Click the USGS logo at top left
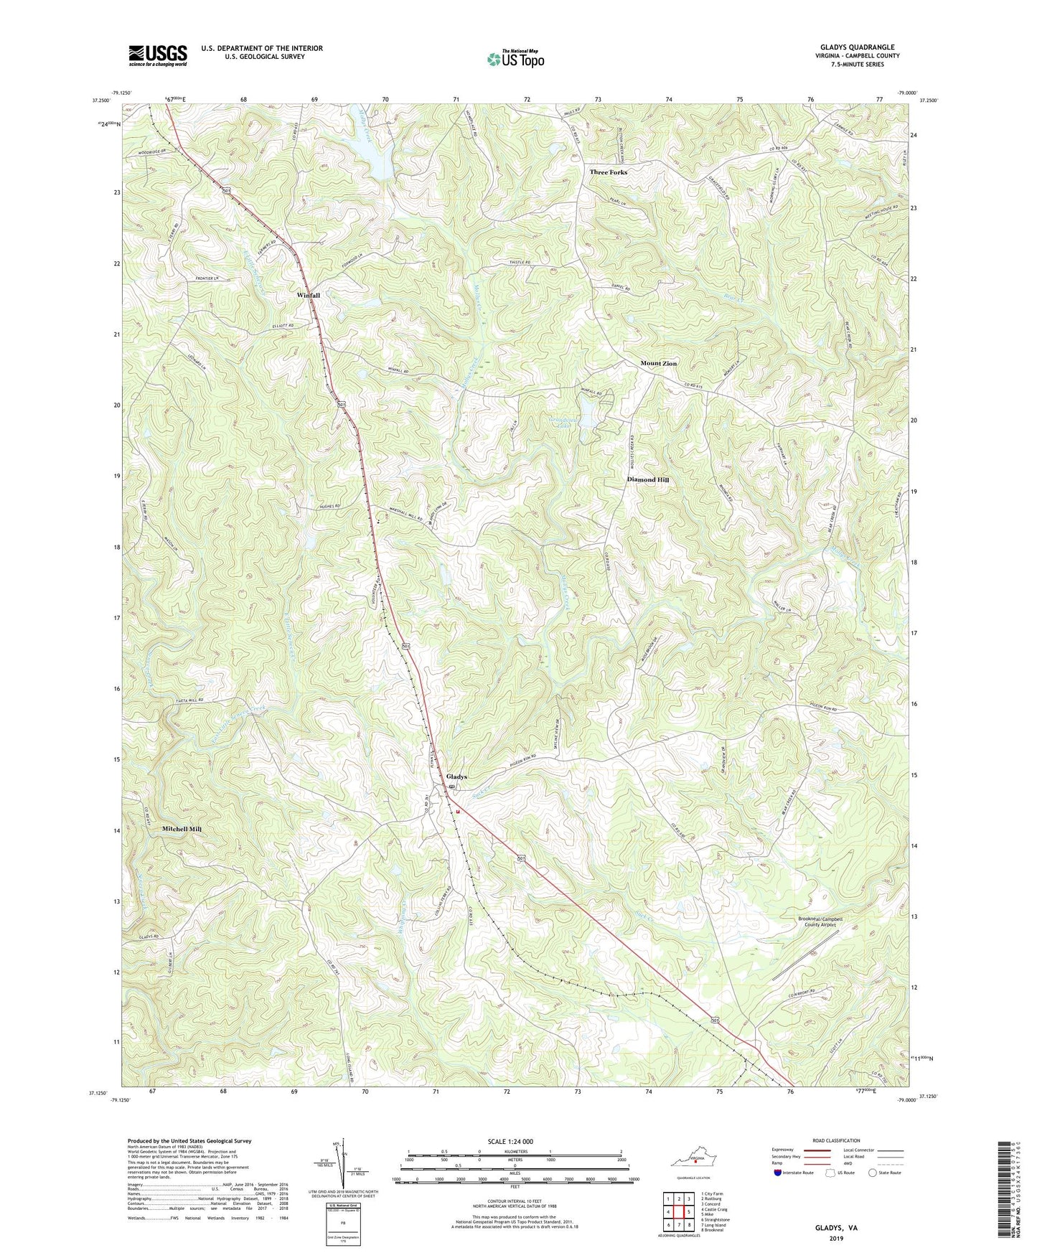pyautogui.click(x=157, y=55)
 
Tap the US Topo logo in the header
pyautogui.click(x=515, y=59)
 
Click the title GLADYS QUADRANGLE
pyautogui.click(x=858, y=47)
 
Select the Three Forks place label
pyautogui.click(x=608, y=172)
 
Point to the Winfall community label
pyautogui.click(x=309, y=295)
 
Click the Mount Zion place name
pyautogui.click(x=658, y=364)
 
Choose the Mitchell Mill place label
pyautogui.click(x=182, y=829)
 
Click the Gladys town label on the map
pyautogui.click(x=456, y=776)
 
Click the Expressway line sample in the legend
pyautogui.click(x=815, y=1150)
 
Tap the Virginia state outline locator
pyautogui.click(x=692, y=1160)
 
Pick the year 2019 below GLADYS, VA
pyautogui.click(x=836, y=1238)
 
